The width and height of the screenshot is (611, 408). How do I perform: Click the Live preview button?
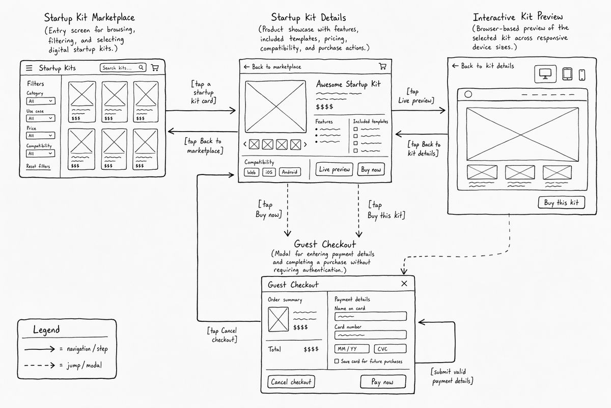tap(334, 169)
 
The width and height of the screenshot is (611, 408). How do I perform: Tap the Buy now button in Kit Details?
tap(371, 169)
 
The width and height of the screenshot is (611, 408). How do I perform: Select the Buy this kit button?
tap(561, 202)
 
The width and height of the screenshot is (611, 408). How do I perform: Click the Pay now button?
tap(383, 381)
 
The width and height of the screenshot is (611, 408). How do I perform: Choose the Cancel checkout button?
tap(291, 382)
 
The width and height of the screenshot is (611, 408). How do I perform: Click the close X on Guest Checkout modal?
tap(404, 284)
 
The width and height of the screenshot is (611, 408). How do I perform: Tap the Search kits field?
tap(123, 67)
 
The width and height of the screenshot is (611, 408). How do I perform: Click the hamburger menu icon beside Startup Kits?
tap(29, 68)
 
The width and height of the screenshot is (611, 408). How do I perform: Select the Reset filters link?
tap(38, 166)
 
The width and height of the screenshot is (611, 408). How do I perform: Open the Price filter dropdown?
tap(41, 136)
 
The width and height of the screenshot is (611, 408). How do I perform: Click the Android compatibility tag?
tap(290, 172)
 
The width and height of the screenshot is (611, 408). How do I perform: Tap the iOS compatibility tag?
tap(269, 172)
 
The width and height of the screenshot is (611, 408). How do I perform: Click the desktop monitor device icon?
tap(545, 74)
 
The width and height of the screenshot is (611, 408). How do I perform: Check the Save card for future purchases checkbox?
tap(337, 361)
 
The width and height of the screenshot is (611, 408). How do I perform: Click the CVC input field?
tap(390, 349)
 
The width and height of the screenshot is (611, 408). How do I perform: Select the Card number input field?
tap(371, 335)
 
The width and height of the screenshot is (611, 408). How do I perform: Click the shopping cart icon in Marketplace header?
tap(155, 67)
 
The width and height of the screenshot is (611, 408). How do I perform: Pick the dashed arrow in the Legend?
tap(40, 365)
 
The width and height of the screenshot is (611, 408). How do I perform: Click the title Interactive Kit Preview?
tap(517, 17)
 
